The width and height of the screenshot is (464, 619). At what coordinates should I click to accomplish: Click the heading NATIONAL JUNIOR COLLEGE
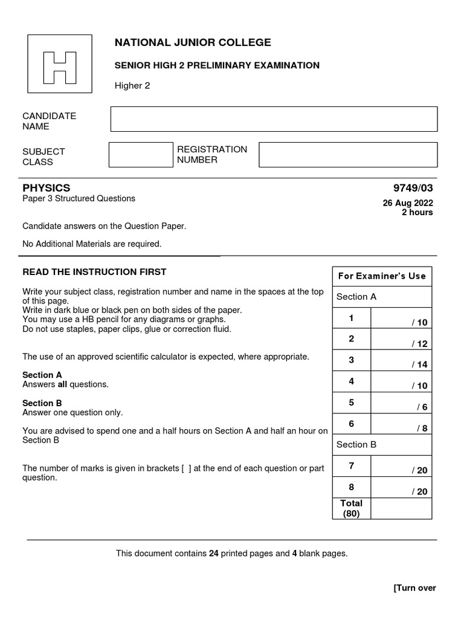click(193, 42)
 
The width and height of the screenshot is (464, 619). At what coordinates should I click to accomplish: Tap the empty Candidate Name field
click(274, 119)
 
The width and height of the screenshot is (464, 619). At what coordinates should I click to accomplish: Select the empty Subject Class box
click(141, 155)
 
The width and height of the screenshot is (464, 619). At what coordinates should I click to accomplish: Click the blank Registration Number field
click(347, 155)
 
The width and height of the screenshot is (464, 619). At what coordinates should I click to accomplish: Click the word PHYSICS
click(47, 188)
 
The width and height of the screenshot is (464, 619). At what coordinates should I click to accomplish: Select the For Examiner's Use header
click(382, 276)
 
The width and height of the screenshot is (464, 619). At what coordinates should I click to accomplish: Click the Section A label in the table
click(356, 297)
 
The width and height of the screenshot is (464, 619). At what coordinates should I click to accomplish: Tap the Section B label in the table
click(356, 445)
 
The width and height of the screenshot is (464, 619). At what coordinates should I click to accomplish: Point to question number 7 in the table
click(351, 465)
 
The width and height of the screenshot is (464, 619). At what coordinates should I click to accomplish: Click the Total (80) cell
click(351, 508)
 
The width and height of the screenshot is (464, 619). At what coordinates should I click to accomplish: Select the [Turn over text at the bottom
click(414, 588)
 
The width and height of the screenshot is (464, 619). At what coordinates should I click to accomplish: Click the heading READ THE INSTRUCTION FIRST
click(94, 272)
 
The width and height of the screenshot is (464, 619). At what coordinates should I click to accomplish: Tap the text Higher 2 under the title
click(132, 86)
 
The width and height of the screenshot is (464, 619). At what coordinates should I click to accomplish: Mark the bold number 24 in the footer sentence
click(214, 553)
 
